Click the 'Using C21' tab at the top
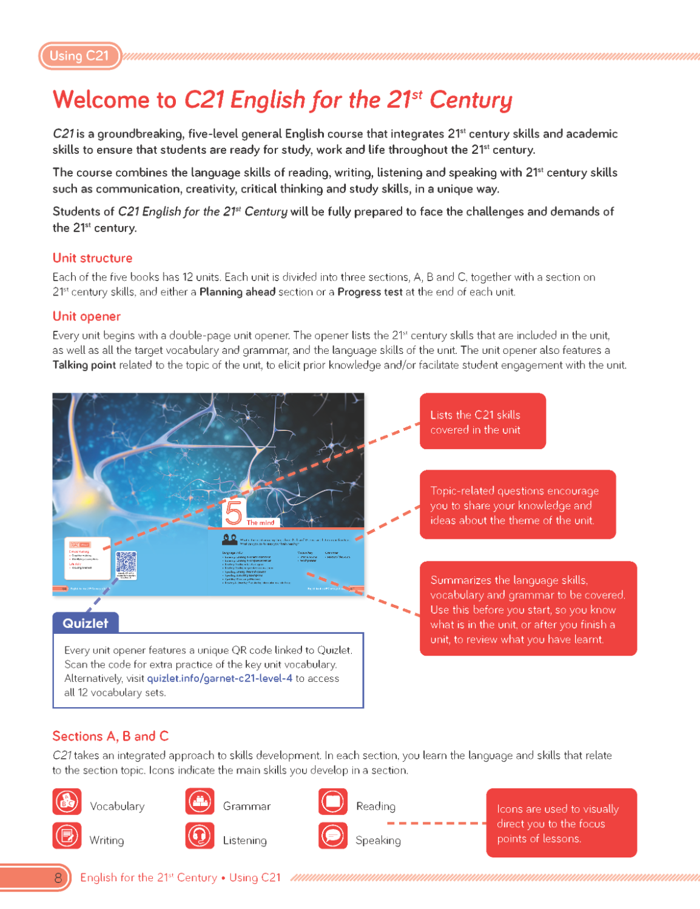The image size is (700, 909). tap(79, 56)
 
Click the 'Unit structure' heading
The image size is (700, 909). tap(92, 258)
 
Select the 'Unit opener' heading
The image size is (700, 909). tap(86, 316)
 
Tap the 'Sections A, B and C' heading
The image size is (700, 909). tap(110, 736)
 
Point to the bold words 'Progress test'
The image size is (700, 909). tap(369, 292)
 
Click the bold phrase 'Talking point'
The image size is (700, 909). tap(84, 365)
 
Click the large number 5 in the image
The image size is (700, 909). tap(234, 513)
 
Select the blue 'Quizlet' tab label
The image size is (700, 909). tap(86, 623)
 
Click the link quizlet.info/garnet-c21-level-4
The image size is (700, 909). tap(220, 679)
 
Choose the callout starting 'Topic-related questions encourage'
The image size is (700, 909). tap(517, 505)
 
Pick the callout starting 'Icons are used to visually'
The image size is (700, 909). tap(561, 824)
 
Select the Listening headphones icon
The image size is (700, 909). tap(200, 836)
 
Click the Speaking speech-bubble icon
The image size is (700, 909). tap(333, 836)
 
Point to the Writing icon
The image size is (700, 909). tap(67, 836)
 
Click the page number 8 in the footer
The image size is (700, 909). tap(58, 877)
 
